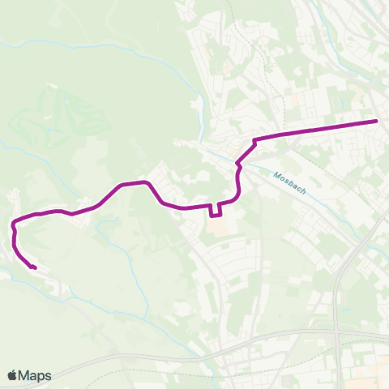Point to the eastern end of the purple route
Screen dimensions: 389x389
377,121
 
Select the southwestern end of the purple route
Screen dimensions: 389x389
34,267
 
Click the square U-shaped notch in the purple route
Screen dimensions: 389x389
216,212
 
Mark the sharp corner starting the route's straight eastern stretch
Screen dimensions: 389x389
254,140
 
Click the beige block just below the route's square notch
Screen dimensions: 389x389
216,229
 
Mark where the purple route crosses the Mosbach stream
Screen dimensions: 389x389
237,162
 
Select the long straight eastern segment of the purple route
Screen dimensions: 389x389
316,130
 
